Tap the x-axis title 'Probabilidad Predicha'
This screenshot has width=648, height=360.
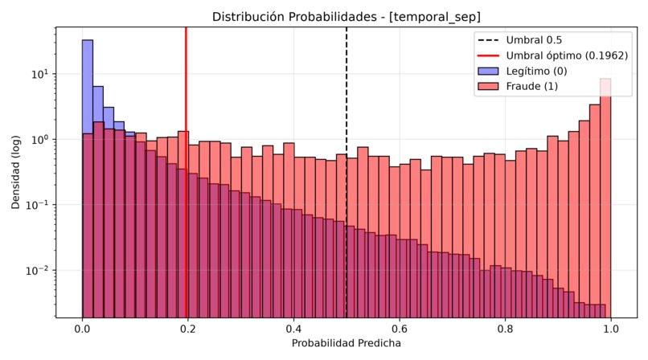point(347,343)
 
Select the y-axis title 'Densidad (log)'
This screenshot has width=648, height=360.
point(16,172)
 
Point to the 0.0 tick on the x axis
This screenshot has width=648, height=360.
point(82,329)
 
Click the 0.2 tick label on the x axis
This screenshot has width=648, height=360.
point(188,329)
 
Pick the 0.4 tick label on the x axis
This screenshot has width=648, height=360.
point(293,329)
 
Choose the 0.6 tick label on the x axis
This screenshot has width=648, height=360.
point(400,329)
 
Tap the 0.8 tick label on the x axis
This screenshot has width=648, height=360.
point(505,329)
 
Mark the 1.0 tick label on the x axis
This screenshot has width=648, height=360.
point(611,329)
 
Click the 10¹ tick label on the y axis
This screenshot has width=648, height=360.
point(39,74)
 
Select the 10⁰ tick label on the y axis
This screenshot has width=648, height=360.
point(39,139)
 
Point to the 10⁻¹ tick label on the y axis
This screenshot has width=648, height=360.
point(37,204)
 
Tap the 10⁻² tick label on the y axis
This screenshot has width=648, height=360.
point(37,270)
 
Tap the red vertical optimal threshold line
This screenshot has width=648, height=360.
point(186,172)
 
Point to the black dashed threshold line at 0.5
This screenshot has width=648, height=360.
point(347,172)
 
